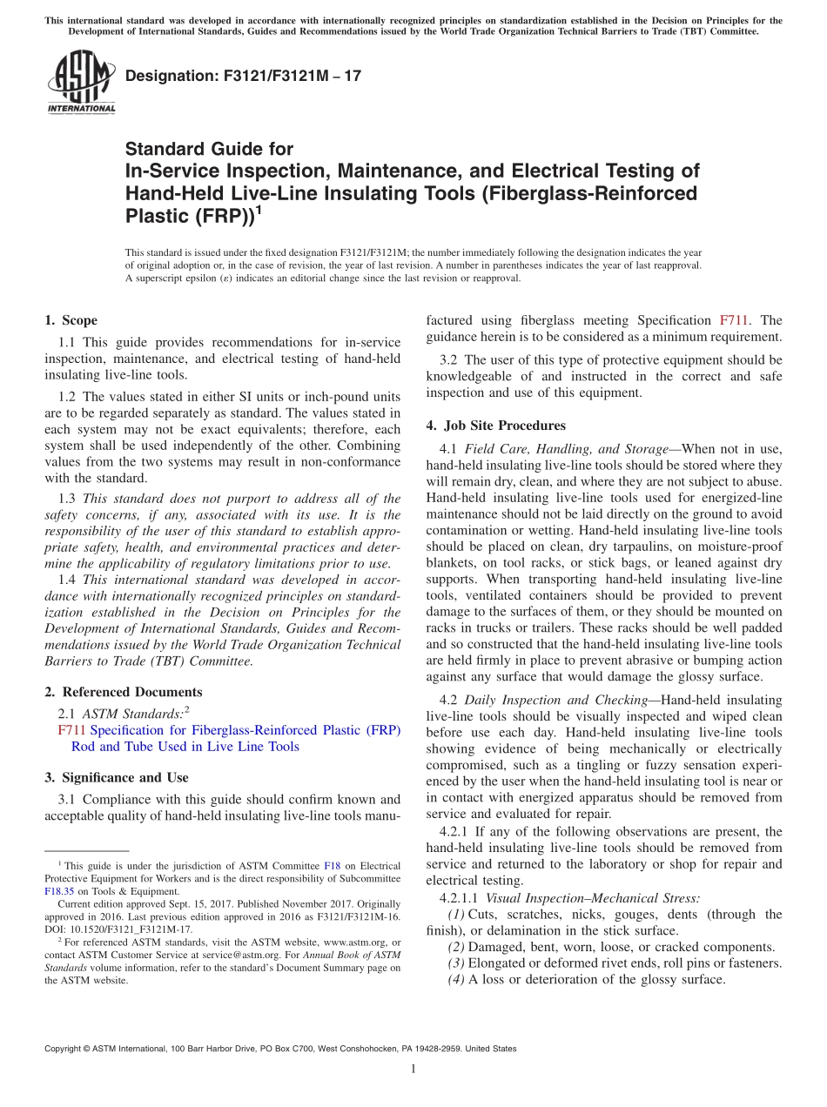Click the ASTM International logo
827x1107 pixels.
[81, 83]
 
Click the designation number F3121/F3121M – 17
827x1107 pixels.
[243, 77]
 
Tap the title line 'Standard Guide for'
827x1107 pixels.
[209, 149]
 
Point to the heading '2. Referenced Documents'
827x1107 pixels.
[123, 692]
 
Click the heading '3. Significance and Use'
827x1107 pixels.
[116, 777]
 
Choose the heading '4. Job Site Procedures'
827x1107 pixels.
[495, 426]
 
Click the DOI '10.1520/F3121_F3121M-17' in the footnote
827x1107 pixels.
[128, 929]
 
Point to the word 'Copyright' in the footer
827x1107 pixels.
[65, 1049]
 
